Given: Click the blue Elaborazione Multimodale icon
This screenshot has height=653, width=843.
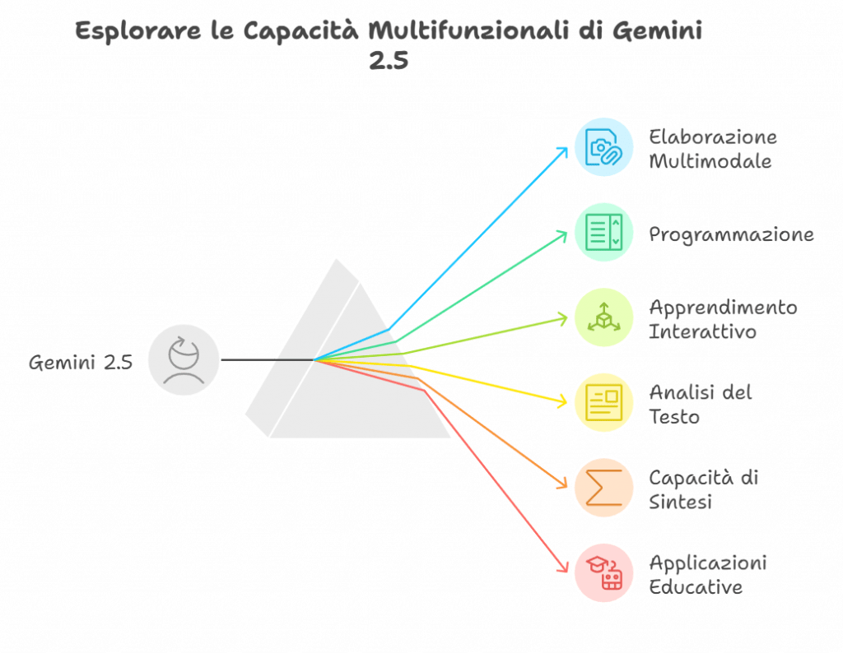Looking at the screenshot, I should coord(603,147).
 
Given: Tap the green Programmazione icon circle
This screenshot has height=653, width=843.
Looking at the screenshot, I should coord(603,232).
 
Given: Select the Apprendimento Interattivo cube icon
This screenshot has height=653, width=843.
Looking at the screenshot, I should coord(603,317).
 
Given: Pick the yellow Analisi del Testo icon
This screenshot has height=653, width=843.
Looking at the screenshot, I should coord(603,402).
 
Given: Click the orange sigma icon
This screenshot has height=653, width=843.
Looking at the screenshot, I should coord(603,487).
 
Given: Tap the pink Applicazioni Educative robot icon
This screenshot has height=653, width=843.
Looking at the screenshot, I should coord(603,572).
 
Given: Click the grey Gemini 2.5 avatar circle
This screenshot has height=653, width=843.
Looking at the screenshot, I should coord(184,360).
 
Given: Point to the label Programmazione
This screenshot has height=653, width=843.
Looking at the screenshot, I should coord(731,234).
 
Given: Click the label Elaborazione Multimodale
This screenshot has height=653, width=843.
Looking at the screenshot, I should coord(712,149).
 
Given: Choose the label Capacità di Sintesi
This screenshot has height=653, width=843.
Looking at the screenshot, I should coord(705,489).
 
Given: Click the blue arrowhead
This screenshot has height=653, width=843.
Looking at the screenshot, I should coord(563,151).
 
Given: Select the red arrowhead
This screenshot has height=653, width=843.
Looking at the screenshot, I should coord(564,567).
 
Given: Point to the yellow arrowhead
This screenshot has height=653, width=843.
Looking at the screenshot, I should coord(563,401).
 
